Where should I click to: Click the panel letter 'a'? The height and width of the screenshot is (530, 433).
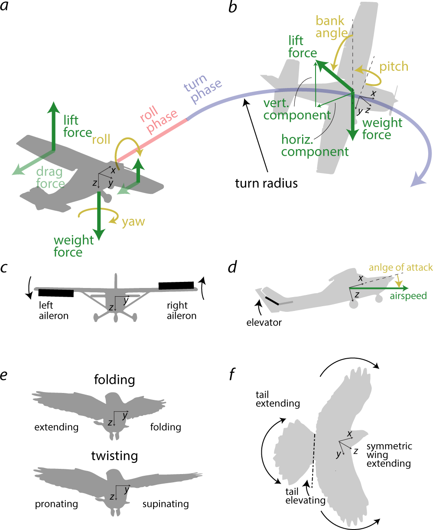[x=5, y=7]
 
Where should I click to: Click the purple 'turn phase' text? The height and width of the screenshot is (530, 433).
[x=203, y=91]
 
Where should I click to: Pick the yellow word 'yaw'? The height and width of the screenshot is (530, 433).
[x=133, y=222]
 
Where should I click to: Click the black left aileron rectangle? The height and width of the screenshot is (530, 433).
[x=56, y=293]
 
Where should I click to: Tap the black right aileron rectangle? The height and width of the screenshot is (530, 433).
[x=176, y=285]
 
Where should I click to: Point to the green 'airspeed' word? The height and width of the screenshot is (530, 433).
[x=408, y=296]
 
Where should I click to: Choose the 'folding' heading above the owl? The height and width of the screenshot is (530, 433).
[x=114, y=380]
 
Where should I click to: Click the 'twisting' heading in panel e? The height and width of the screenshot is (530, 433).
[x=114, y=456]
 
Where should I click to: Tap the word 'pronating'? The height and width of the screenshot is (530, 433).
[x=56, y=504]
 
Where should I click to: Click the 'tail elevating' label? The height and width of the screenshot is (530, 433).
[x=305, y=496]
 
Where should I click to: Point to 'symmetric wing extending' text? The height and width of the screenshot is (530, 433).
[x=389, y=455]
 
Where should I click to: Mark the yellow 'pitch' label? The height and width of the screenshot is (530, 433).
[x=394, y=66]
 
